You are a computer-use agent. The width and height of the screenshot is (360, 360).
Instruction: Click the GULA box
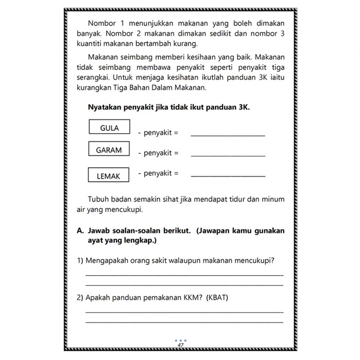pos(110,128)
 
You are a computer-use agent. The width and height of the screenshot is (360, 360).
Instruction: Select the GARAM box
pos(109,150)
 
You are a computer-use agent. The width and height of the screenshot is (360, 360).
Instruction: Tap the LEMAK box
pos(109,176)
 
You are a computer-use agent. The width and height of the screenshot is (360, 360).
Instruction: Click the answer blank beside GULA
pos(228,135)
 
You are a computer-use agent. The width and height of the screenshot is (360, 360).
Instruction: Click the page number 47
pos(181,345)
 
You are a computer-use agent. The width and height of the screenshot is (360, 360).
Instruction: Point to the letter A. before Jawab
pos(80,231)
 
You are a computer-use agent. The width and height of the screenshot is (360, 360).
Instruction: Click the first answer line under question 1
pos(184,276)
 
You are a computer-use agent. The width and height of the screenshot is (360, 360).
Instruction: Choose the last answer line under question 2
pos(184,322)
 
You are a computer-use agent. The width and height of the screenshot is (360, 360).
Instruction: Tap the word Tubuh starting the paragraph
pos(98,199)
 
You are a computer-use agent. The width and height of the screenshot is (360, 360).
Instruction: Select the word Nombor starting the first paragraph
pos(102,24)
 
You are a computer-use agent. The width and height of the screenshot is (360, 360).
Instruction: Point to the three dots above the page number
pos(181,340)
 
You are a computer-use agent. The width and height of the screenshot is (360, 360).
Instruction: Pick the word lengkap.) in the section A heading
pos(137,240)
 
